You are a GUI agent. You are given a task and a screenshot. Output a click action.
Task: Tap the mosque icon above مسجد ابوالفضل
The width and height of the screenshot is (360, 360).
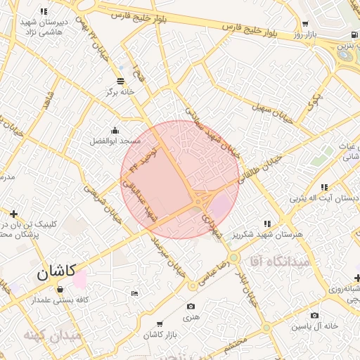coord(115,130)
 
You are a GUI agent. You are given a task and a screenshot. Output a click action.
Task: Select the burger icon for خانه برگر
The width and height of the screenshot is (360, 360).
coord(120,80)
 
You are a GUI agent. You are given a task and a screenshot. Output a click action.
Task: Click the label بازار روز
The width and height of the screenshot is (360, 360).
coord(307,34)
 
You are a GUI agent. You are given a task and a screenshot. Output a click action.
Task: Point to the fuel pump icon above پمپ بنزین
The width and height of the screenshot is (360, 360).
coord(352,34)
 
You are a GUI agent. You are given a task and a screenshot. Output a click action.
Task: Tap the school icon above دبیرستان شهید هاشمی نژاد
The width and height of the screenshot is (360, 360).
coord(44,11)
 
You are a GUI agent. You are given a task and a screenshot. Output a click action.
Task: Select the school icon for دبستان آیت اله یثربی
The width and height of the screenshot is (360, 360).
coord(323,187)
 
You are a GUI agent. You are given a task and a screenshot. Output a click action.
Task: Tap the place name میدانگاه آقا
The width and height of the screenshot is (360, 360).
coord(274,261)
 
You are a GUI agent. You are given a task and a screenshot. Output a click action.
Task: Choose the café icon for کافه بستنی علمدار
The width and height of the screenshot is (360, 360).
coord(60,289)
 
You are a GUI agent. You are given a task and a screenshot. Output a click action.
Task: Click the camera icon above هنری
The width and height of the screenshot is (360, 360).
coord(191,307)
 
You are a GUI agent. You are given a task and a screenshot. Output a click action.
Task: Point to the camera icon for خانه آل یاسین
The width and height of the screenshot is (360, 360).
coord(314,316)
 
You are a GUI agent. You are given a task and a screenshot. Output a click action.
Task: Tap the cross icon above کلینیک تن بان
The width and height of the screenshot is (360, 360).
coord(13,213)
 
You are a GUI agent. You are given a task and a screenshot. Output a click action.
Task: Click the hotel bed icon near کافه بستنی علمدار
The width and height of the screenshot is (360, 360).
coord(134,292)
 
